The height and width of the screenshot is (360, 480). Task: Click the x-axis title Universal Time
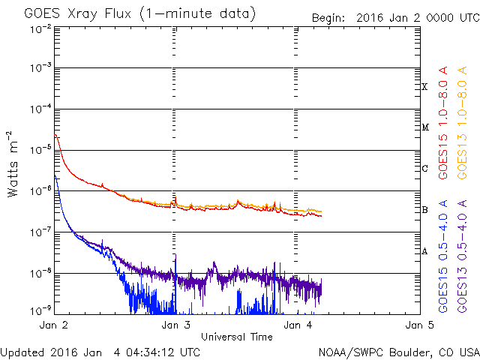(x=236, y=337)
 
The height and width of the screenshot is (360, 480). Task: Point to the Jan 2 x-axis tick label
(x=53, y=325)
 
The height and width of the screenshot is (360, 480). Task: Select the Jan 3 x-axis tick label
(x=175, y=325)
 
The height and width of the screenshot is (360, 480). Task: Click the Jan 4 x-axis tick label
(x=297, y=325)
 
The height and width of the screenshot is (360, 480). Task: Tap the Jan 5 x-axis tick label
(x=418, y=325)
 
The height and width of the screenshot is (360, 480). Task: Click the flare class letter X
(x=424, y=87)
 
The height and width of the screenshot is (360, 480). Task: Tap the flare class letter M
(x=424, y=127)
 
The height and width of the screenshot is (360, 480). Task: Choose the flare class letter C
(x=424, y=169)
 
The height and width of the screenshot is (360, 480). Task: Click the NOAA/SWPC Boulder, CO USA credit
(x=398, y=351)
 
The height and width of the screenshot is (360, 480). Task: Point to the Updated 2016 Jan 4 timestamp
(x=100, y=351)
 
